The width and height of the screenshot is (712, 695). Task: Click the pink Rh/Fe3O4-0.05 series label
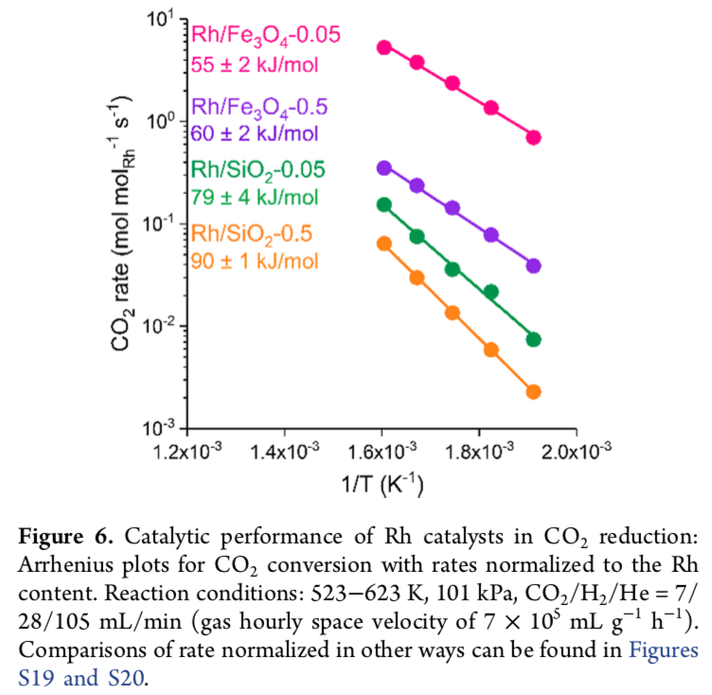[x=265, y=36]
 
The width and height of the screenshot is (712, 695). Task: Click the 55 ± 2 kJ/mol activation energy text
[x=255, y=64]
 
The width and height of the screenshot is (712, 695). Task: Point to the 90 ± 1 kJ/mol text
[x=254, y=260]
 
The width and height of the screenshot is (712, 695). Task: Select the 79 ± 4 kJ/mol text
[x=255, y=197]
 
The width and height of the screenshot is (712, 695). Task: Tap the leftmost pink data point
[x=384, y=47]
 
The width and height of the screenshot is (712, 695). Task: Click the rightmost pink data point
[x=533, y=137]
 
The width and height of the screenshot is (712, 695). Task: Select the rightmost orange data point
[x=533, y=392]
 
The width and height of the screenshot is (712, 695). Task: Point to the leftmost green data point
[x=384, y=205]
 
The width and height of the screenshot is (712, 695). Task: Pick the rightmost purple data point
[x=533, y=266]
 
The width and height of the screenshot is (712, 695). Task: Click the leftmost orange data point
[x=384, y=243]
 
